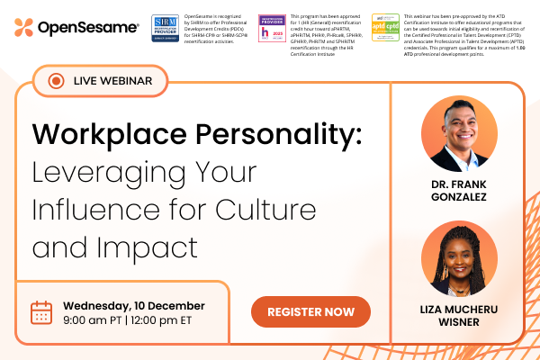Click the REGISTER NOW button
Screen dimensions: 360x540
(x=310, y=311)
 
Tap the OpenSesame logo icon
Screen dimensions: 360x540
(x=24, y=28)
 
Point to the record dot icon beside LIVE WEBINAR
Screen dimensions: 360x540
(x=55, y=81)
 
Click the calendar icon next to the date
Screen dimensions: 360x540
(x=41, y=312)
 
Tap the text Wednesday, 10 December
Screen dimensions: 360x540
(x=133, y=305)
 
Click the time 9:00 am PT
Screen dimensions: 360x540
(x=94, y=321)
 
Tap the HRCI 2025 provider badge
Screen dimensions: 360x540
(x=271, y=28)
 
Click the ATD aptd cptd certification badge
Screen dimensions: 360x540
(x=385, y=28)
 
